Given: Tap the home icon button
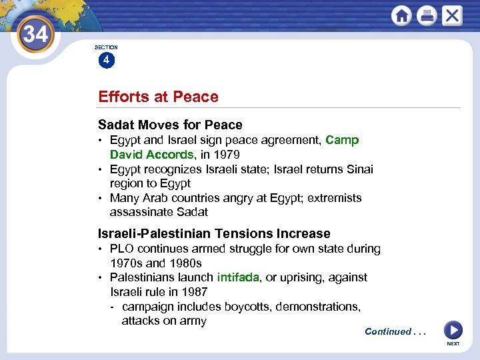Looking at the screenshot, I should click(401, 15).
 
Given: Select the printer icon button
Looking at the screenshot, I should click(427, 15).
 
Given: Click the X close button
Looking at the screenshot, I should click(452, 15).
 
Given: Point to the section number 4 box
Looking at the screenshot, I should click(106, 61).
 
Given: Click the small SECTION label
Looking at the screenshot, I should click(106, 47).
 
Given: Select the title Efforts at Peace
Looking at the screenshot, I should click(158, 97).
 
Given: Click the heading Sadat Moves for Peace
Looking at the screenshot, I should click(170, 125).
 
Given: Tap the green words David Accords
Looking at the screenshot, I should click(151, 155).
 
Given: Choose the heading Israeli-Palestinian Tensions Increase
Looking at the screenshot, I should click(214, 233).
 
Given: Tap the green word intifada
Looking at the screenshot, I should click(238, 277).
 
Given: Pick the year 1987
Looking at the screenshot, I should click(194, 292).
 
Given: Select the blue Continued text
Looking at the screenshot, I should click(388, 331).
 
